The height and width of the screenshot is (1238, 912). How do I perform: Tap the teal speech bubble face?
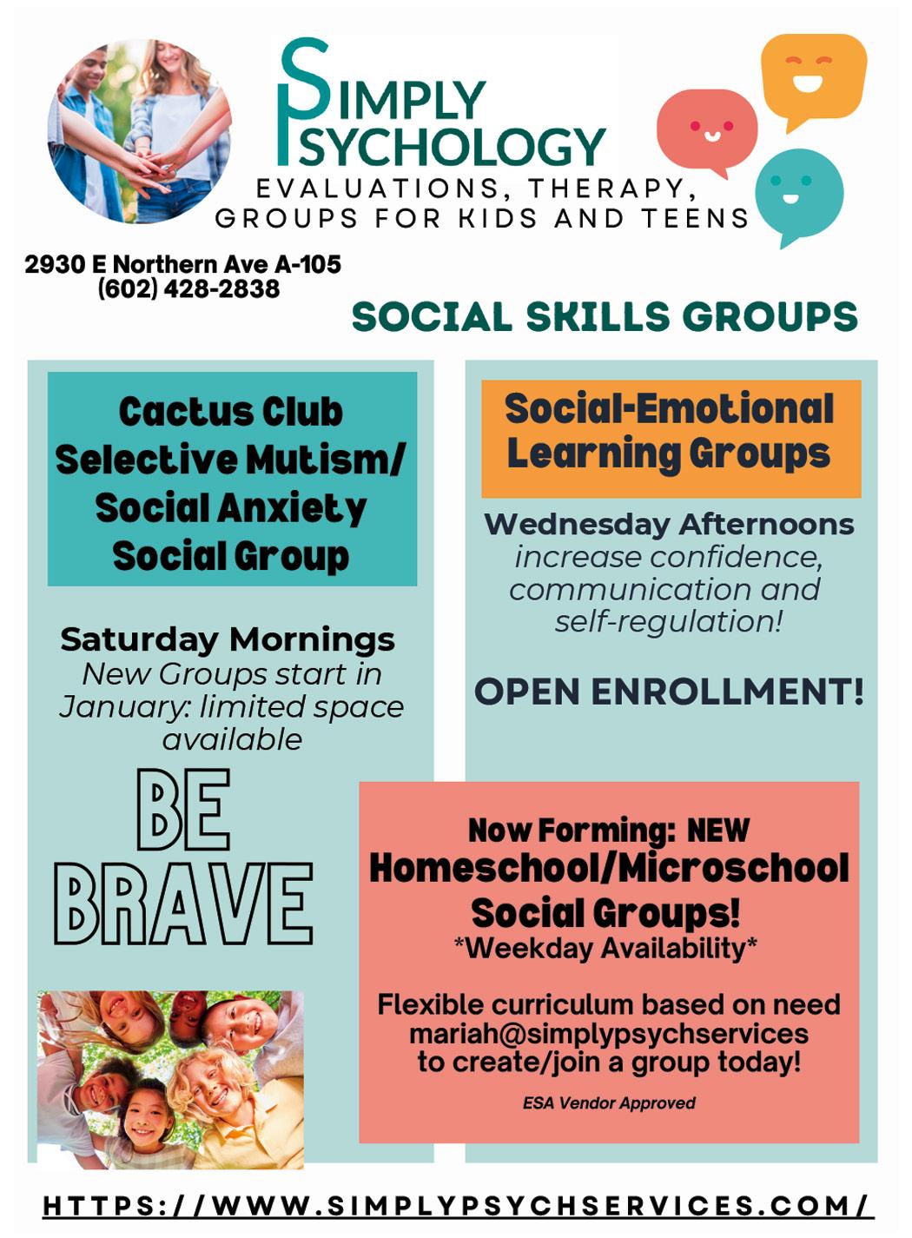tap(798, 192)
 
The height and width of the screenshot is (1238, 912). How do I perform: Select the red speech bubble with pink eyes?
tap(707, 129)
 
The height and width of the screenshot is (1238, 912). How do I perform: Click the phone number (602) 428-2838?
tap(188, 288)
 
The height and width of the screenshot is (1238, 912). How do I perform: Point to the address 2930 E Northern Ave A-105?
tap(182, 264)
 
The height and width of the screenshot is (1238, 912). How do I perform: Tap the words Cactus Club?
tap(231, 412)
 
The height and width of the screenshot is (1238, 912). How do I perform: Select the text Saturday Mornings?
tap(228, 639)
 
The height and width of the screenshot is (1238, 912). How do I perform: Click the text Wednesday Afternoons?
tap(669, 525)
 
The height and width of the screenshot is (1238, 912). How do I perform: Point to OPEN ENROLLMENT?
tap(669, 692)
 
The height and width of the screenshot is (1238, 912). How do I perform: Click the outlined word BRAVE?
tap(183, 904)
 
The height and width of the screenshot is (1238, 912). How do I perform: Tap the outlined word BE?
tap(183, 810)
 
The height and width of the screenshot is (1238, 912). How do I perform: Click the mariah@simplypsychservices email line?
tap(608, 1034)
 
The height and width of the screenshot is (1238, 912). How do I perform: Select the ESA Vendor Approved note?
tap(609, 1103)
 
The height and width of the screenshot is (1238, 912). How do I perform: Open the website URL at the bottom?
tap(458, 1206)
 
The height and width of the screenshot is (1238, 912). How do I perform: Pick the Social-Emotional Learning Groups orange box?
tap(671, 438)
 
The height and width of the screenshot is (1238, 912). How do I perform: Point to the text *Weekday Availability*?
tap(605, 948)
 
